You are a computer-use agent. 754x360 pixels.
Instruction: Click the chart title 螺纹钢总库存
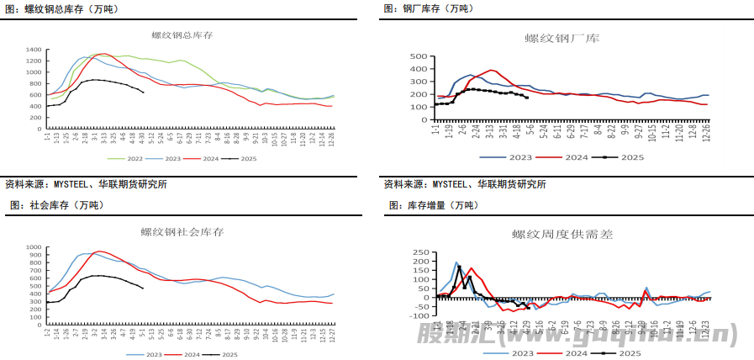tap(182, 35)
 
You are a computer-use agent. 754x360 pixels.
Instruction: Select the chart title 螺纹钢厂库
tap(562, 39)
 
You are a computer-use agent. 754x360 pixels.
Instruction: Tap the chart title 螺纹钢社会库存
tap(182, 231)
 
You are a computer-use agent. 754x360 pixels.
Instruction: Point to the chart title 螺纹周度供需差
tap(562, 235)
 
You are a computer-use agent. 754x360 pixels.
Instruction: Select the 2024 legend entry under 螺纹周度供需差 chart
tap(576, 354)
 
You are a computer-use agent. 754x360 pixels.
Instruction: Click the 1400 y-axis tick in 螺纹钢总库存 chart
tap(34, 50)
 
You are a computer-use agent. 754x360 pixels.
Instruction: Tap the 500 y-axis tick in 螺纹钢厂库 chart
tap(419, 56)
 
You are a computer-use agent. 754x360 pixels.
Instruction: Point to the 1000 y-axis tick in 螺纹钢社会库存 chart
tap(34, 250)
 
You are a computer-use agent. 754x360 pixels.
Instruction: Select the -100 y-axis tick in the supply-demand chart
tap(418, 316)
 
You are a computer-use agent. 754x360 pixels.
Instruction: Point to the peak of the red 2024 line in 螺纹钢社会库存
tap(99, 251)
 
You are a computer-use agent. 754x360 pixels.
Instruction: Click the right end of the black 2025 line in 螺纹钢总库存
tap(144, 93)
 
